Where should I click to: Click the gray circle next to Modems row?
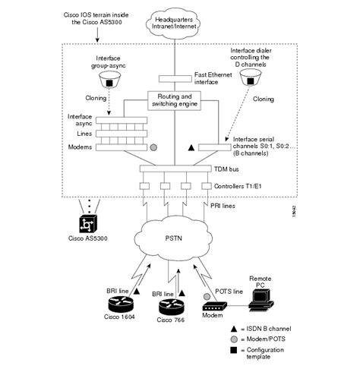[154, 147]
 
